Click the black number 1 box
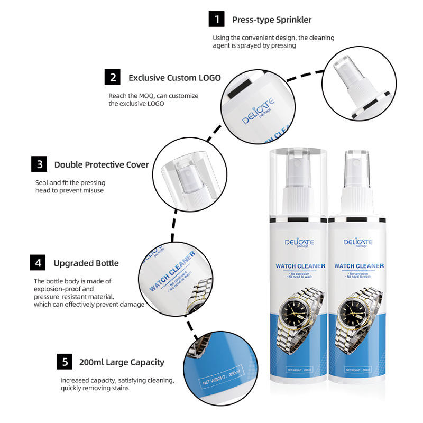(x=216, y=19)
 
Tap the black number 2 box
(x=113, y=77)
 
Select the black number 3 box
(x=39, y=164)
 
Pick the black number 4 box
(x=38, y=262)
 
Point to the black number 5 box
(x=65, y=362)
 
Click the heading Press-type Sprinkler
(x=272, y=20)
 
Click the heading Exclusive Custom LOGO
(x=174, y=78)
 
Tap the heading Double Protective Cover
(x=102, y=164)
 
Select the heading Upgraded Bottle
(x=86, y=263)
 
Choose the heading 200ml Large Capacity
(x=122, y=362)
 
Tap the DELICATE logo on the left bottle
(x=299, y=242)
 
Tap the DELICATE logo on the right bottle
(x=358, y=242)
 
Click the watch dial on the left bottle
(x=295, y=313)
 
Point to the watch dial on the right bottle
(x=353, y=313)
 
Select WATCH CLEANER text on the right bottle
(x=359, y=266)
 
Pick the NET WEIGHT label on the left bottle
(x=299, y=370)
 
